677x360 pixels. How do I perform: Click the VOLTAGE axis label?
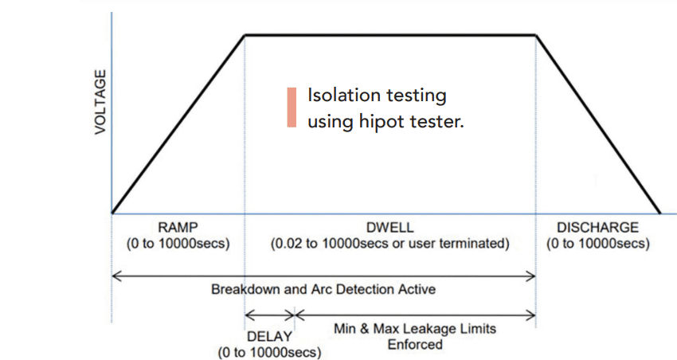[x=100, y=102]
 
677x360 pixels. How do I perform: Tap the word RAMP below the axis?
[x=178, y=227]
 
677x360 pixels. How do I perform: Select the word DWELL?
[x=390, y=228]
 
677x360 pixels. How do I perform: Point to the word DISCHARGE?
[x=597, y=228]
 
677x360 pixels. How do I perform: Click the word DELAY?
[x=269, y=336]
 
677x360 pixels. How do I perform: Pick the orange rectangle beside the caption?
[x=292, y=108]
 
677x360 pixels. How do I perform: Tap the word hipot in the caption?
[x=382, y=122]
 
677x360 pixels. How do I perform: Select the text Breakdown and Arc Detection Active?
[x=323, y=289]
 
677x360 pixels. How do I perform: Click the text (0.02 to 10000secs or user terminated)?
[x=390, y=244]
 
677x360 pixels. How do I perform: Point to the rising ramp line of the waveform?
[x=178, y=124]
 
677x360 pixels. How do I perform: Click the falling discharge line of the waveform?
[x=598, y=124]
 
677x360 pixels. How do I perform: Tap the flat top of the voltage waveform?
[x=390, y=34]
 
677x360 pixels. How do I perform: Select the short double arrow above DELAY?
[x=269, y=315]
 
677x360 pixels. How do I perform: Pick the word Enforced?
[x=415, y=344]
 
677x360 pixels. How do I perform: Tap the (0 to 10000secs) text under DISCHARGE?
[x=598, y=244]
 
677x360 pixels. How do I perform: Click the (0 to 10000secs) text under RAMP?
[x=178, y=244]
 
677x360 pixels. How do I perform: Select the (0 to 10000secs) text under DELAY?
[x=269, y=352]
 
